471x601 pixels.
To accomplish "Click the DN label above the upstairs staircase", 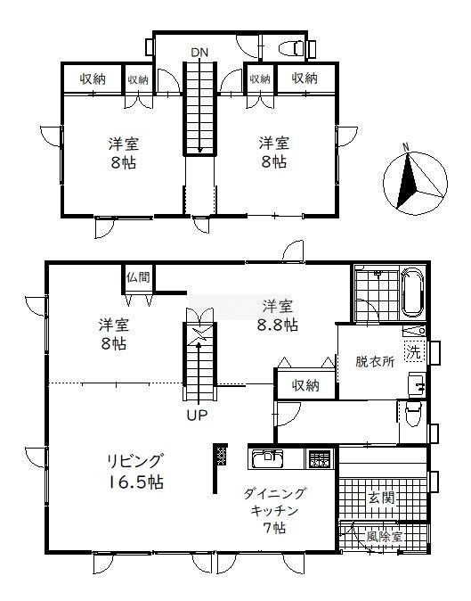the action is (199, 53).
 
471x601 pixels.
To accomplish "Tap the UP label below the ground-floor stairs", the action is (197, 415).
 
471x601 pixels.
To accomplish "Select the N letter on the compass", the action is (406, 147).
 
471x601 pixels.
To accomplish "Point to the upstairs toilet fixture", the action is (291, 49).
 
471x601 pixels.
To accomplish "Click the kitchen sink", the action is (267, 458).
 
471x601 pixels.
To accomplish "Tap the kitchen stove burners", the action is (319, 458).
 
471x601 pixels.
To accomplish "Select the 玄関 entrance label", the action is (381, 498).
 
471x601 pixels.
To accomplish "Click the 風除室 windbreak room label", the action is (384, 536).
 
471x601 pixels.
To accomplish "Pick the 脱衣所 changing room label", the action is (375, 361).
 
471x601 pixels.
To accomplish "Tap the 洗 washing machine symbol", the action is (414, 351).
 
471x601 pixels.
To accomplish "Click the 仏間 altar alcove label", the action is (138, 277).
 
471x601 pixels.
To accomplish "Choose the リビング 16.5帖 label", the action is (136, 471).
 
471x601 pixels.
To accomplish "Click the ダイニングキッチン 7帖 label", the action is (275, 511).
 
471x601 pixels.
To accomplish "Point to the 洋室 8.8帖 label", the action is (278, 316).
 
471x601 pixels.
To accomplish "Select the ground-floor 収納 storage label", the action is (305, 385).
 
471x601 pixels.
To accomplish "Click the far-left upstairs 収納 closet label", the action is (93, 79).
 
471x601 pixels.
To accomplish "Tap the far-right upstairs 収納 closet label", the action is (305, 78).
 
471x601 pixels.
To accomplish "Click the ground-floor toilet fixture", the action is (413, 414).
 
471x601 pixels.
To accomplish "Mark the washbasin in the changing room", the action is (418, 383).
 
